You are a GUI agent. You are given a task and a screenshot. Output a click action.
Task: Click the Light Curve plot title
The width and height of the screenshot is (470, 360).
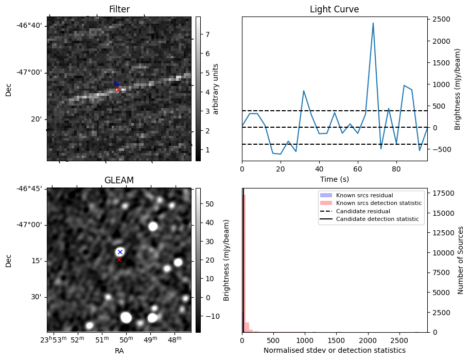point(334,9)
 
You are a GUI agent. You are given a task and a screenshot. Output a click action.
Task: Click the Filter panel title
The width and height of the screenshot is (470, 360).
point(119,9)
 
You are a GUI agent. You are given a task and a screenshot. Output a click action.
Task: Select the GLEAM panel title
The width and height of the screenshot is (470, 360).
point(119,180)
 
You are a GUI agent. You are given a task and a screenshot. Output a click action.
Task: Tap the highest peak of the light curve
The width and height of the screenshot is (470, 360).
point(373,23)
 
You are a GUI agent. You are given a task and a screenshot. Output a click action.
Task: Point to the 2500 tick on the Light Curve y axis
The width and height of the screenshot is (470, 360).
point(442,20)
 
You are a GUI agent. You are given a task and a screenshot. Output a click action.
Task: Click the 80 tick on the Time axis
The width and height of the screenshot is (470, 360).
point(396,168)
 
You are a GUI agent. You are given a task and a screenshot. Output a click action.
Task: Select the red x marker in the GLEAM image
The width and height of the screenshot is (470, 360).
point(119,260)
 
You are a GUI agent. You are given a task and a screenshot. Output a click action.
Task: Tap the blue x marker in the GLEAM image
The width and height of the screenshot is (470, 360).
point(120,252)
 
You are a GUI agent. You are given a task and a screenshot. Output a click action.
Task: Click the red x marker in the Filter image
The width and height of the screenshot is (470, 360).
point(118,90)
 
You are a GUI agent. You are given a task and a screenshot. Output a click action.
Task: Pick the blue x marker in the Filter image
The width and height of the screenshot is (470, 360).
point(116,83)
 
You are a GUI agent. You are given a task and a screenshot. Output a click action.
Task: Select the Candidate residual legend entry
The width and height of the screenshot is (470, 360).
point(363,212)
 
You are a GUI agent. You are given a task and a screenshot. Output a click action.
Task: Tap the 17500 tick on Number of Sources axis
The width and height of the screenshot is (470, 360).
point(442,193)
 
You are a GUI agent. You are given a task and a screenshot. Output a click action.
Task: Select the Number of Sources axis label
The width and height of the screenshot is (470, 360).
point(461,260)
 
